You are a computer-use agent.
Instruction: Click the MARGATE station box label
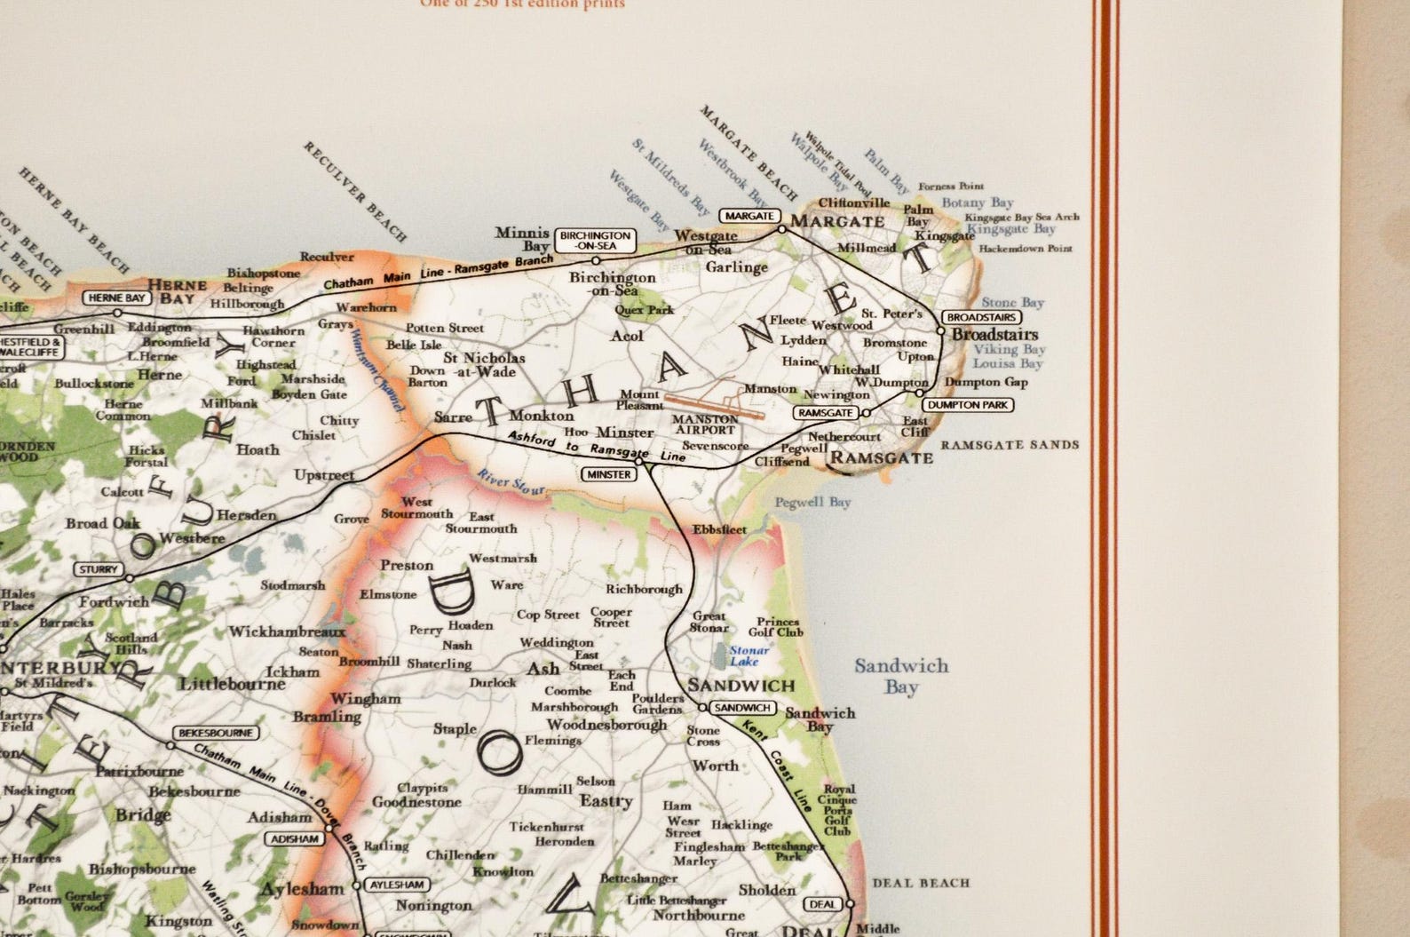pyautogui.click(x=749, y=216)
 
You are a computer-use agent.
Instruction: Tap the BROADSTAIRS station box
pyautogui.click(x=980, y=317)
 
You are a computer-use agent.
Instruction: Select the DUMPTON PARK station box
pyautogui.click(x=967, y=405)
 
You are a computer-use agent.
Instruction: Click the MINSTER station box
pyautogui.click(x=609, y=474)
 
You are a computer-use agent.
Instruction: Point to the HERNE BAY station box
pyautogui.click(x=116, y=298)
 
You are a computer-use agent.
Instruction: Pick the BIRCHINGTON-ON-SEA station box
pyautogui.click(x=595, y=240)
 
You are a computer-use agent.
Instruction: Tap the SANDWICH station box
pyautogui.click(x=742, y=708)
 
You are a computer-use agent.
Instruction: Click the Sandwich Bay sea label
pyautogui.click(x=900, y=676)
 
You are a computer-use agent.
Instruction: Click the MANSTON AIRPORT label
pyautogui.click(x=705, y=425)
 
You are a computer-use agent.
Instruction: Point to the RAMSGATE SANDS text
pyautogui.click(x=1010, y=445)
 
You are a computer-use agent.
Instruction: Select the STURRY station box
pyautogui.click(x=98, y=569)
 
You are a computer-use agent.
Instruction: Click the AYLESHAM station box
pyautogui.click(x=396, y=885)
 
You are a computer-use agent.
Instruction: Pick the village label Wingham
pyautogui.click(x=365, y=699)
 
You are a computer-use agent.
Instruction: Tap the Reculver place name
pyautogui.click(x=327, y=257)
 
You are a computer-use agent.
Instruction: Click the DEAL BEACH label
pyautogui.click(x=921, y=883)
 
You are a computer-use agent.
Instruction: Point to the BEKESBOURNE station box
pyautogui.click(x=216, y=734)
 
